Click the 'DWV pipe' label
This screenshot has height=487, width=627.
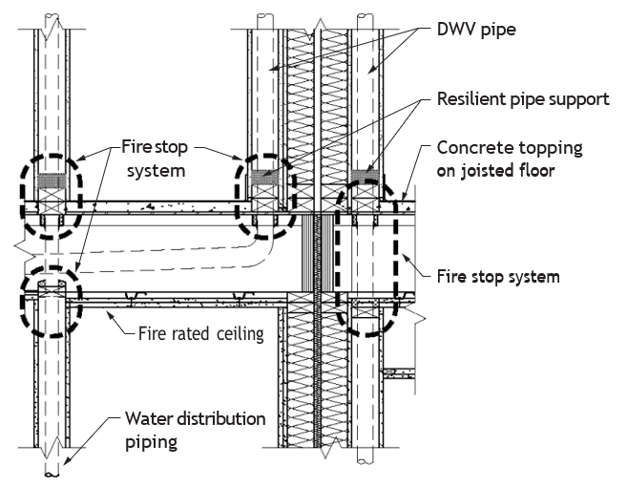476,30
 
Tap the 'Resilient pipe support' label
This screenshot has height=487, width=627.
523,99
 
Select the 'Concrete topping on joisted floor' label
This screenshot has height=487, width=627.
510,159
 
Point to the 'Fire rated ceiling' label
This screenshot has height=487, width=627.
200,333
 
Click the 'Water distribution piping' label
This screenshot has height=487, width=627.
195,430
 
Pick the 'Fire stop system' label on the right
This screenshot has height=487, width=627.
498,277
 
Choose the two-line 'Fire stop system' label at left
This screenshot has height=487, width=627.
156,159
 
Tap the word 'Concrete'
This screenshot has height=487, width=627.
470,148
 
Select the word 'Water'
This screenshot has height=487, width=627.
149,419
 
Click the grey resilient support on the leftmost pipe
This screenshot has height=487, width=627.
52,180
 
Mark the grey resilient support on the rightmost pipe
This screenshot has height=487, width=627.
365,177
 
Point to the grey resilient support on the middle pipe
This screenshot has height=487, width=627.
263,178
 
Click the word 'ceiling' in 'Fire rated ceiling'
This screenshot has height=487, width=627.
240,333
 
